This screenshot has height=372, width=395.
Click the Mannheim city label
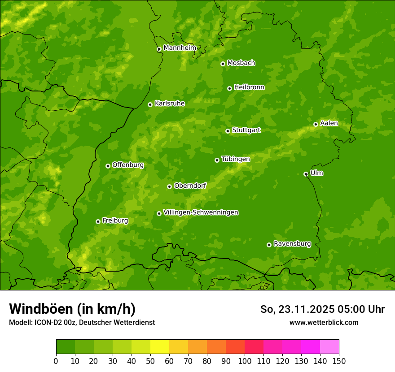coord(180,48)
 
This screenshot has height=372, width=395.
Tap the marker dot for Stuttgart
coord(228,131)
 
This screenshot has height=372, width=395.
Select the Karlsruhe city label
coord(169,104)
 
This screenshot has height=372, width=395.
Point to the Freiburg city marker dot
coord(98,221)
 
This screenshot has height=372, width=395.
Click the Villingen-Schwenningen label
coord(201,212)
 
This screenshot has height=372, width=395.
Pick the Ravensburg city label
coord(292,244)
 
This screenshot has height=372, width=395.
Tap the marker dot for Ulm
coord(306,174)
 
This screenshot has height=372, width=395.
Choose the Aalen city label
coord(329,123)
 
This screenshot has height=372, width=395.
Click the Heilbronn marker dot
coord(229,88)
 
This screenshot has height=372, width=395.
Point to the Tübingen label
coord(235,159)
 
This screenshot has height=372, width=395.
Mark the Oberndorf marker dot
coord(169,186)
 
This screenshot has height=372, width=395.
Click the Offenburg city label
coord(127,165)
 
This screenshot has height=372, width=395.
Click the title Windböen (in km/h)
coord(72,309)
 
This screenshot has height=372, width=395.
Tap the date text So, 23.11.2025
coord(296,309)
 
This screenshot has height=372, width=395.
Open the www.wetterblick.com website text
coord(324,322)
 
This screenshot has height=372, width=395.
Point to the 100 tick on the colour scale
coord(245,361)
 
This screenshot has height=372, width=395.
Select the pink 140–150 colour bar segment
coord(329,347)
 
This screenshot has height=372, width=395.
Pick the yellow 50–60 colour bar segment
coord(160,347)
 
